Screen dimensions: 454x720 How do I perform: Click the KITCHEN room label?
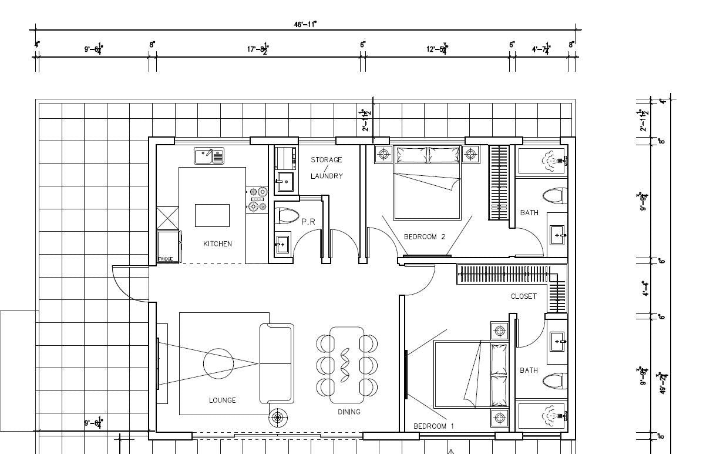217,243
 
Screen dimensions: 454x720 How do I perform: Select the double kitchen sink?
209,156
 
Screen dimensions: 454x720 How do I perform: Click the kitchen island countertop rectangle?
212,215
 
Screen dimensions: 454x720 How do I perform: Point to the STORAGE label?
326,159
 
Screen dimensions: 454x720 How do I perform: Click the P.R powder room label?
309,222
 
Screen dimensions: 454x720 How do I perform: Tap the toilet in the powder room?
285,216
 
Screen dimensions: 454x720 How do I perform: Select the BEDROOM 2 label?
425,237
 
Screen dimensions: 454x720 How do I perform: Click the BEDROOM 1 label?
434,426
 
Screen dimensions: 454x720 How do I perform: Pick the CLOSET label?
523,296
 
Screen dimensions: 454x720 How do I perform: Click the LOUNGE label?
222,400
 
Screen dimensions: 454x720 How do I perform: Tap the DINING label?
349,412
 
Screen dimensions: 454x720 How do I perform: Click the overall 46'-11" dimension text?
305,25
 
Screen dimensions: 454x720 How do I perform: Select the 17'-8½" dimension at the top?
257,49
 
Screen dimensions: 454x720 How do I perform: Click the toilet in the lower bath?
554,381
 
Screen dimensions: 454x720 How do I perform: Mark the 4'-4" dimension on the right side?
644,289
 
